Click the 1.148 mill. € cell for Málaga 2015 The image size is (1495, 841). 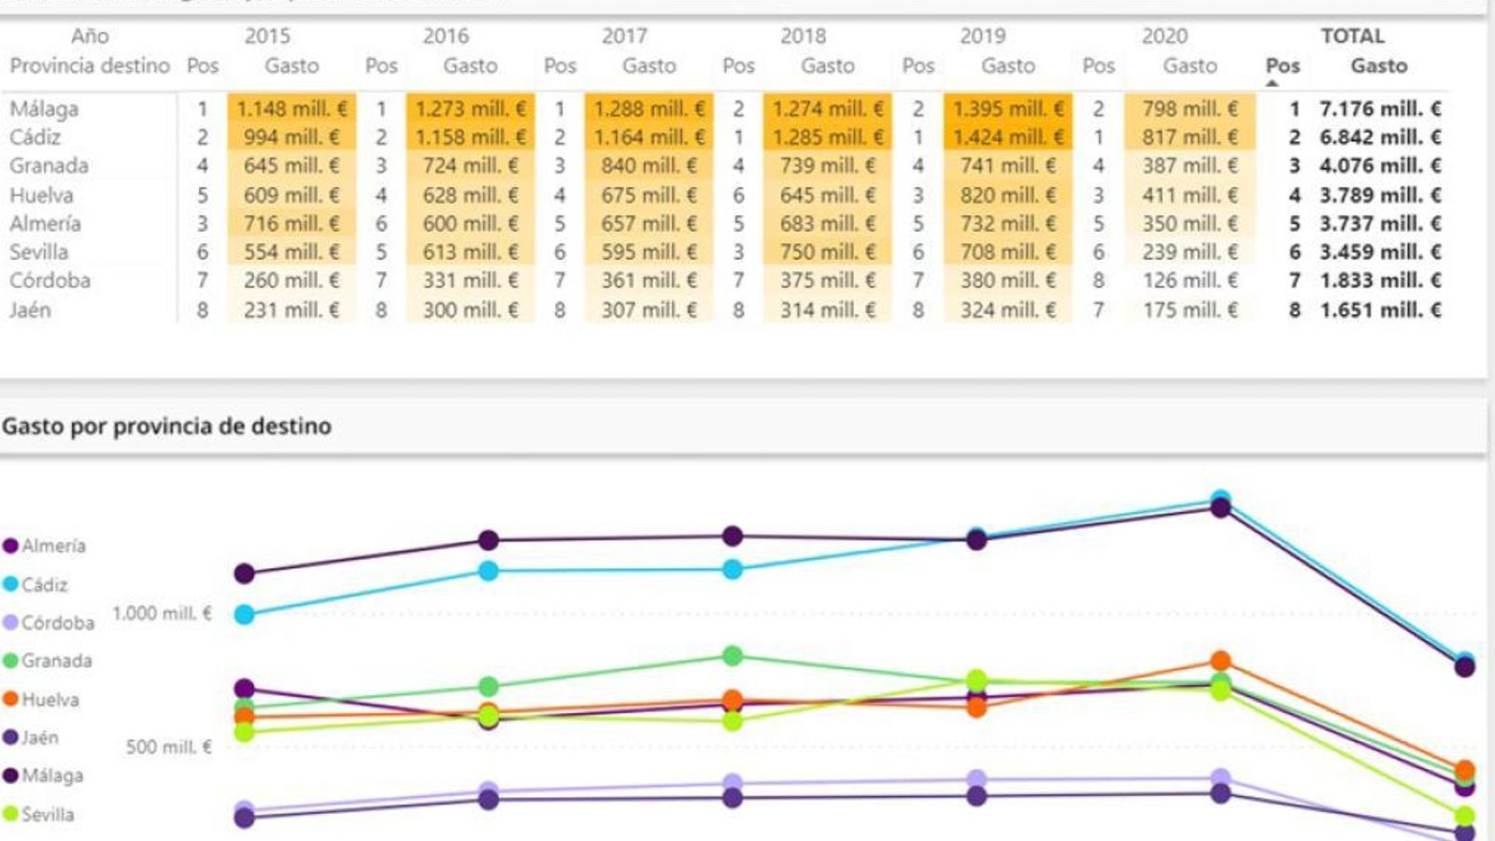click(292, 108)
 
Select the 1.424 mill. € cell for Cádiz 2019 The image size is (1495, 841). click(1007, 137)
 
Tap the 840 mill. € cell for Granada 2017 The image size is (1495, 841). click(648, 166)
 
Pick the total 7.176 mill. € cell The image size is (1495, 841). click(1379, 108)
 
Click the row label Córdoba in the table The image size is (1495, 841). click(50, 280)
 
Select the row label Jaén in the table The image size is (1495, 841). click(30, 310)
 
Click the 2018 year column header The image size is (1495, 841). click(803, 36)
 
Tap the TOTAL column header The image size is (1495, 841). click(1352, 36)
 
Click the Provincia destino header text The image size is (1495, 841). click(90, 66)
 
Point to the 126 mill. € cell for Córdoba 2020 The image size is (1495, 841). click(1189, 280)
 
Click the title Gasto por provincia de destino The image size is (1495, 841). click(166, 426)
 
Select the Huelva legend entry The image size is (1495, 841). click(50, 699)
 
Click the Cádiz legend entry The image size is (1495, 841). click(44, 584)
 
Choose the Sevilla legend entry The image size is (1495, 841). click(47, 814)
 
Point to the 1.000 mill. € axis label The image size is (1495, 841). click(162, 613)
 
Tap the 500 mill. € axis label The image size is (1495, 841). click(168, 747)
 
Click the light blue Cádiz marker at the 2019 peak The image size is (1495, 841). click(1220, 499)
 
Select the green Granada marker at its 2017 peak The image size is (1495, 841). click(733, 656)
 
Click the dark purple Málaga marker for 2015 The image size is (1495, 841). click(245, 573)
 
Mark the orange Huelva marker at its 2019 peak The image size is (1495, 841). click(1220, 662)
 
